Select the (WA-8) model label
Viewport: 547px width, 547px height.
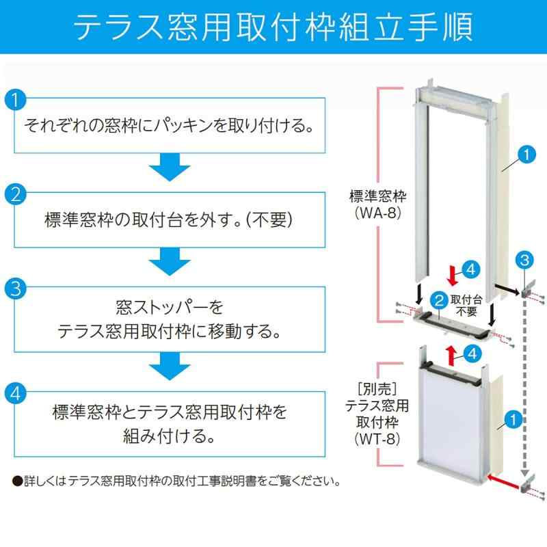(377, 213)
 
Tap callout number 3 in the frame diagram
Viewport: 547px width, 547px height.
(524, 259)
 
